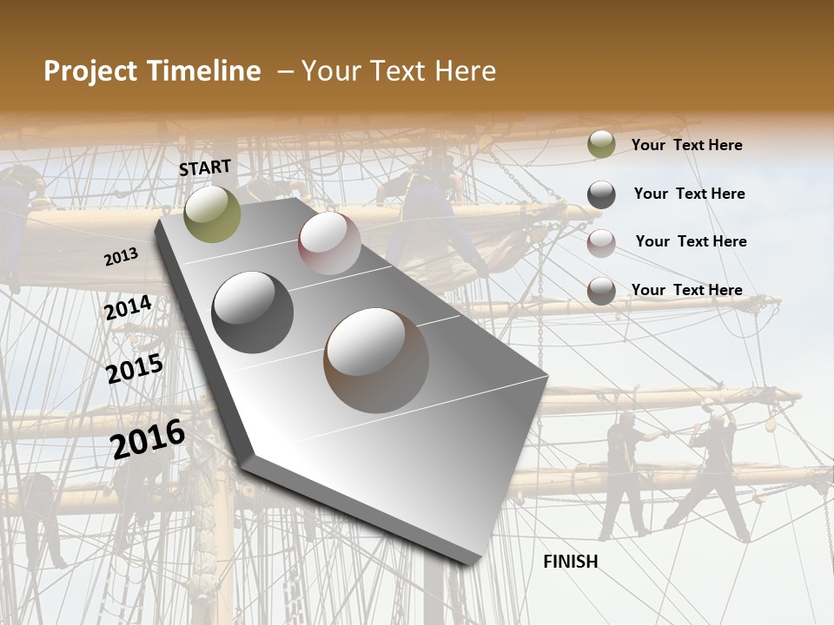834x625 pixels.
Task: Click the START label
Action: (205, 168)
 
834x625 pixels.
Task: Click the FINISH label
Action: (570, 561)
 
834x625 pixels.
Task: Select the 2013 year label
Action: (121, 257)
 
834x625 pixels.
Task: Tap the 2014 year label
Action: (129, 308)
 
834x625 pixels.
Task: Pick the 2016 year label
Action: (148, 439)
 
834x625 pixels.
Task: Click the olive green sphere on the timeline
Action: (212, 214)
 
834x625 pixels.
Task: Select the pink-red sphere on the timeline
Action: (329, 242)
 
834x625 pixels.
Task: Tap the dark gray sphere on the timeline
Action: (252, 312)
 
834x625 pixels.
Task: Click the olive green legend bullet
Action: (601, 145)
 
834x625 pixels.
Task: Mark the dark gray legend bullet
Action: (601, 194)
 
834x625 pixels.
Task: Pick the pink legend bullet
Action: (601, 243)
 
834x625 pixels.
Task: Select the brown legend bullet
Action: (601, 291)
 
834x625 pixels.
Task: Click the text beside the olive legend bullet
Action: (686, 145)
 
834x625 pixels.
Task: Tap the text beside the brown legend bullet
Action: (686, 290)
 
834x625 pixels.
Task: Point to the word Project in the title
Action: (89, 71)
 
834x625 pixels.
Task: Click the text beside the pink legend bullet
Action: (691, 241)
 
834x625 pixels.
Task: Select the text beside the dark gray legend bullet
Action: (689, 194)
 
